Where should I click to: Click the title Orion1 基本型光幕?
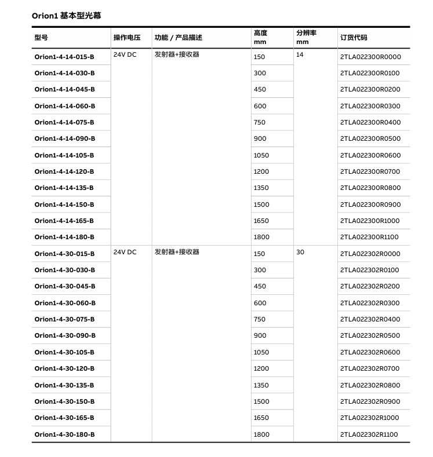pos(67,16)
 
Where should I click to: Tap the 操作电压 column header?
pos(127,38)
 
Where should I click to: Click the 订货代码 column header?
pos(354,38)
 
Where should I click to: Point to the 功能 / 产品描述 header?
pos(179,38)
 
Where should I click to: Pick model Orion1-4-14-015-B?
pos(64,57)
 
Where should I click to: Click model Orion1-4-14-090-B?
pos(64,138)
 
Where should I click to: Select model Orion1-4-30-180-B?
pos(64,434)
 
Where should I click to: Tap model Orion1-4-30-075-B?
pos(64,319)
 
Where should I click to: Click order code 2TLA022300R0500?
pos(370,138)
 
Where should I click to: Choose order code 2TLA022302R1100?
pos(369,434)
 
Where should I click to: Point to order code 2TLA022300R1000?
pos(370,221)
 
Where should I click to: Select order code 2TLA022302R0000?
pos(370,254)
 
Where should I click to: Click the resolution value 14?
pos(300,54)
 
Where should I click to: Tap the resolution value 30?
pos(300,252)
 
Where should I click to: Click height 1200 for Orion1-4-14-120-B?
pos(261,171)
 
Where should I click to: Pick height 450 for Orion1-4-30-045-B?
pos(260,286)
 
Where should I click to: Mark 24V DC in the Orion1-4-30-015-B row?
pos(125,252)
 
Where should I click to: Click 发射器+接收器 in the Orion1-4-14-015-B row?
pos(177,54)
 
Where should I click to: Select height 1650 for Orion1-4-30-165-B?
pos(261,418)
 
